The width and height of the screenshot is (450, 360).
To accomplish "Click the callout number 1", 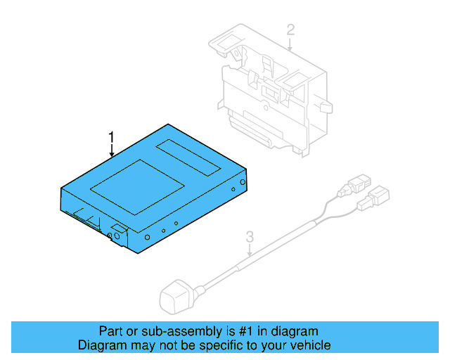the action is [110, 136].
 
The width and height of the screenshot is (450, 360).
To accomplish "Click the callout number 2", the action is [290, 30].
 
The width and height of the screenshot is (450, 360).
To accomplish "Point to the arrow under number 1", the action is [111, 149].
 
